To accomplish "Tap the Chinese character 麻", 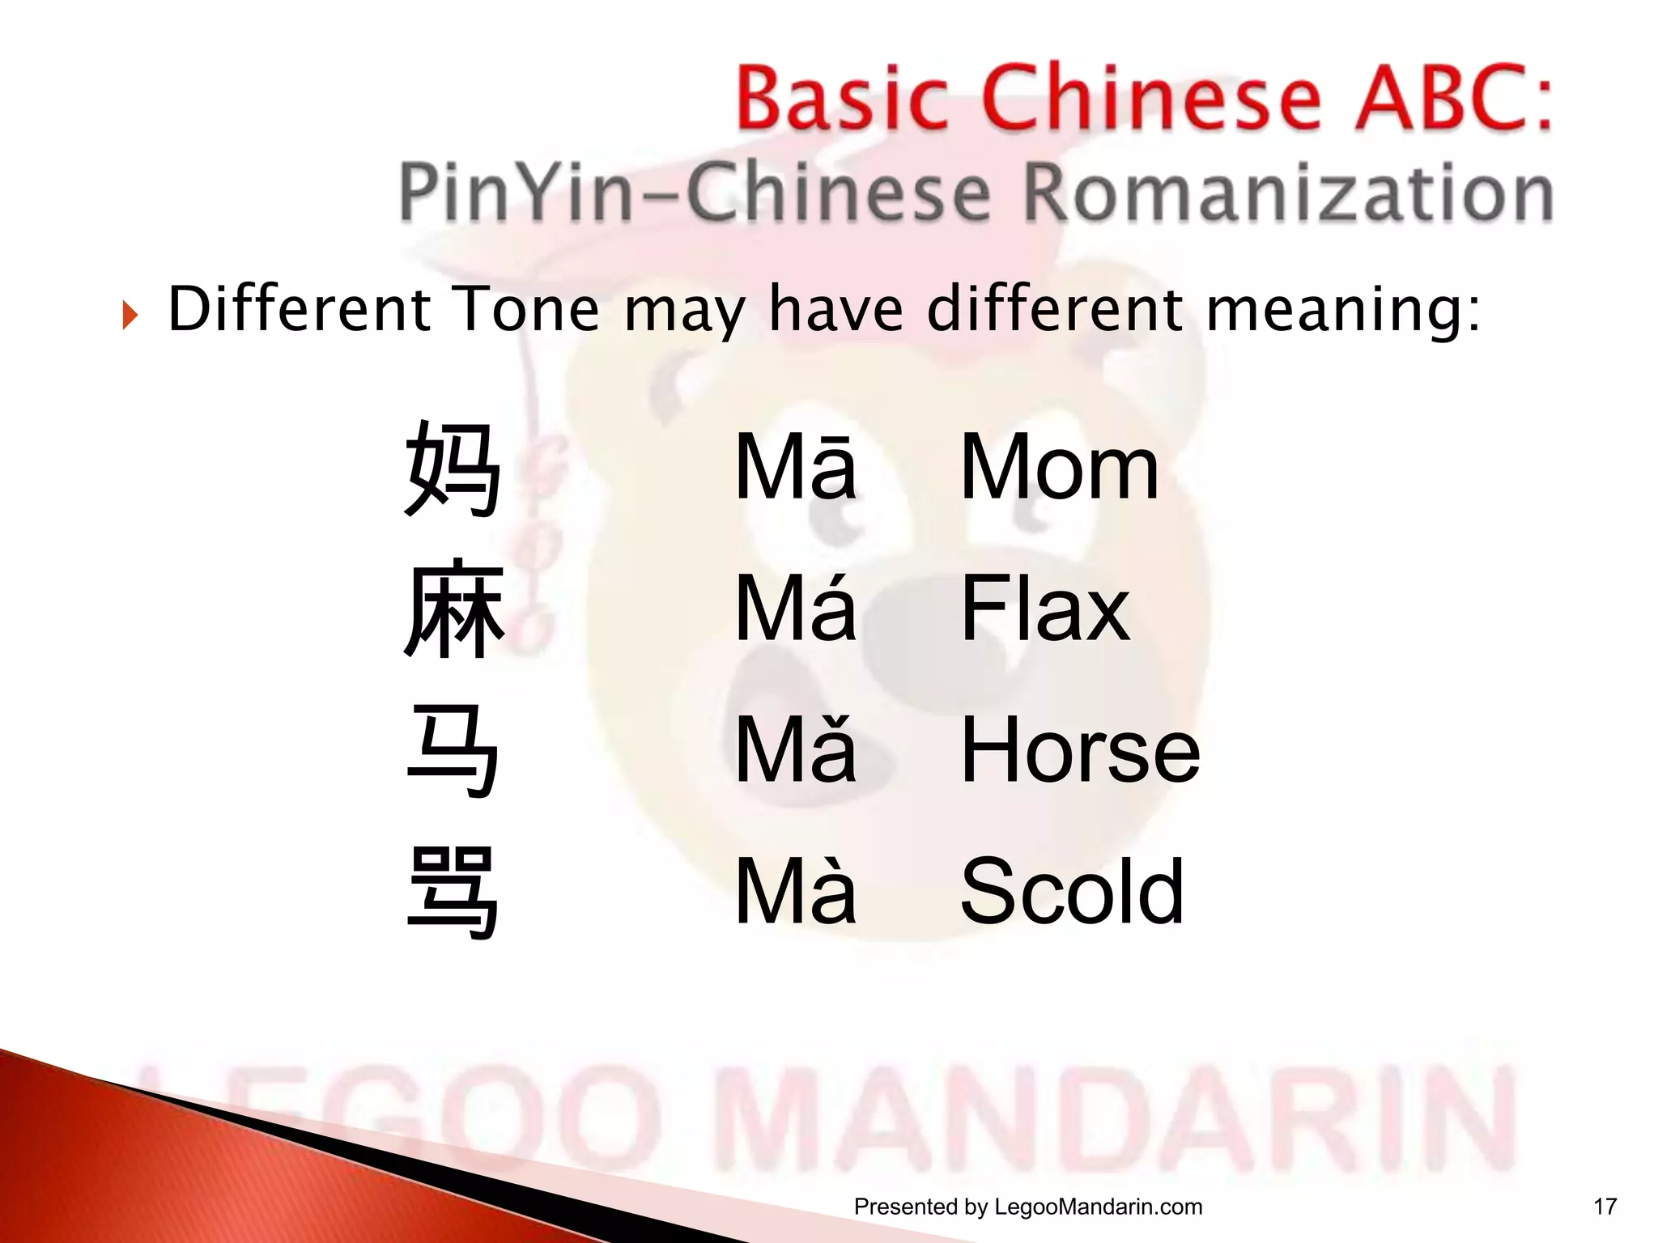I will [454, 609].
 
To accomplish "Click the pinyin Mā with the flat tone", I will [795, 468].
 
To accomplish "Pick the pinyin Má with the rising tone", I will [795, 609].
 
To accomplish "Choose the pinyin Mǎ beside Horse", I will [795, 750].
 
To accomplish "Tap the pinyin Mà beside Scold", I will [795, 891].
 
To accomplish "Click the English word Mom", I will [1059, 468].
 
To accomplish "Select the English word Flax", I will [1044, 609].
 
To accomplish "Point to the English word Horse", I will [1080, 750].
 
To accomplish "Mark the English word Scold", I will [1072, 891].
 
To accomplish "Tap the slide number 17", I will [1605, 1207].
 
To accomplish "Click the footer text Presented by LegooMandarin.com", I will [1028, 1207].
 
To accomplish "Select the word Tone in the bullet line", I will [527, 309].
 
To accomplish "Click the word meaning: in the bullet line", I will [1344, 311].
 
